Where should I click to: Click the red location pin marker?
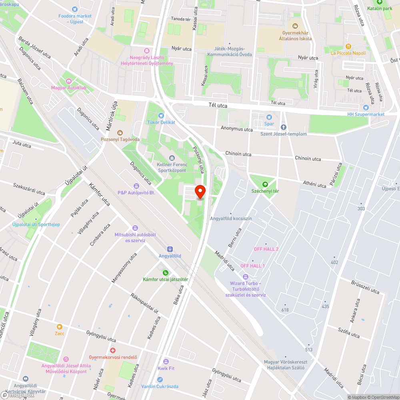[200, 192]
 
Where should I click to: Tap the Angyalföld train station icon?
[170, 249]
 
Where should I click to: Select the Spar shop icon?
[269, 117]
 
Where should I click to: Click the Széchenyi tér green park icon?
[265, 184]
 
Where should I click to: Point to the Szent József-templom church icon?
[284, 127]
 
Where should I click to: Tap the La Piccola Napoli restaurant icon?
[348, 46]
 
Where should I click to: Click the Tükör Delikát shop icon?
[162, 116]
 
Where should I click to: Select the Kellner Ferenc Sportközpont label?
[172, 167]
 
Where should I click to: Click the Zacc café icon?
[60, 327]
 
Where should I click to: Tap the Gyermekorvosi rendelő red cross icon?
[113, 350]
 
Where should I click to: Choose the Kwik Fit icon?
[166, 362]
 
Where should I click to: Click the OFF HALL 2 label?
[266, 249]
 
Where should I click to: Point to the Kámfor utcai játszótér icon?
[166, 273]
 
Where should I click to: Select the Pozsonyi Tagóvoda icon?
[119, 133]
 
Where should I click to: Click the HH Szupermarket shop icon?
[365, 108]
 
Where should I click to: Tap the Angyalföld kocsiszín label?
[231, 218]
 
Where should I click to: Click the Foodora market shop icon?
[74, 9]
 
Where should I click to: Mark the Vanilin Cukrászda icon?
[160, 379]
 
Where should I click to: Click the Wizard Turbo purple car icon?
[246, 277]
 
